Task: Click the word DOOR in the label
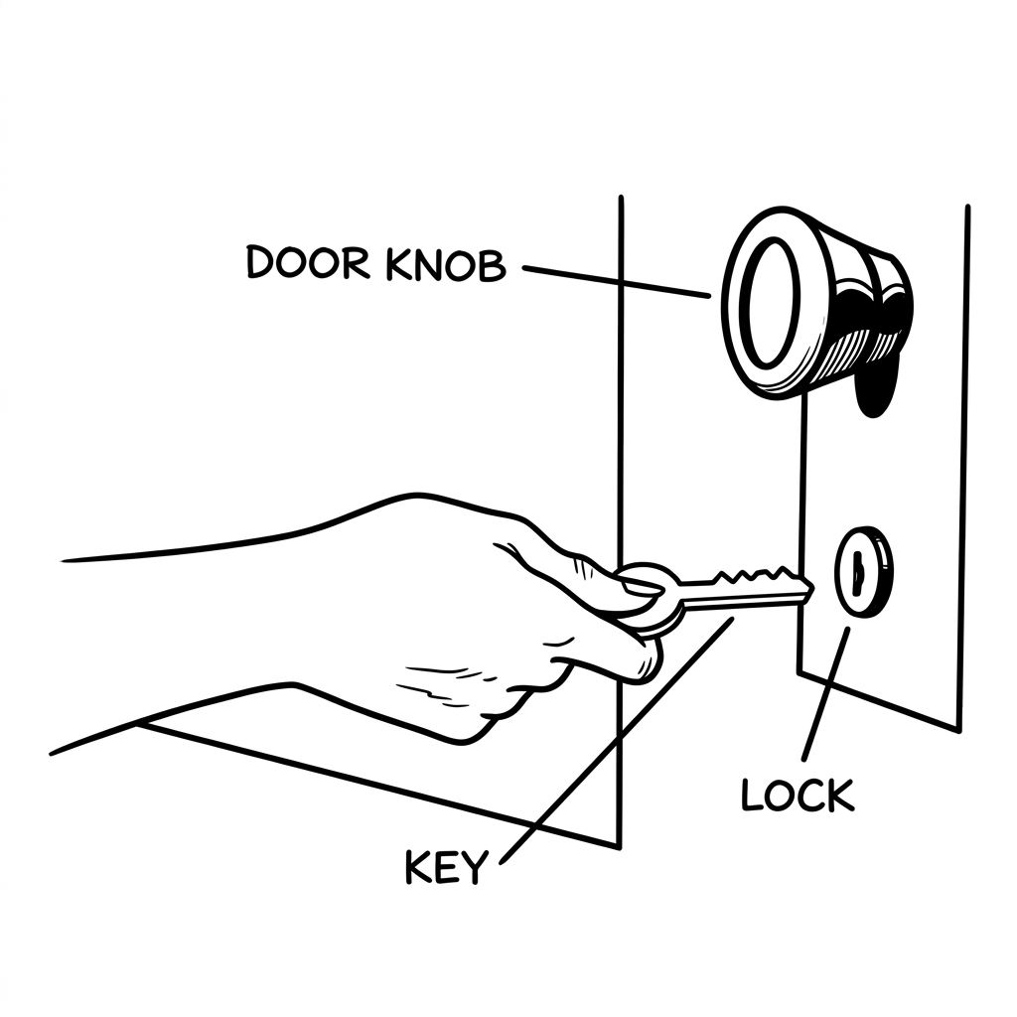point(309,262)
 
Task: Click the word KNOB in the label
point(446,264)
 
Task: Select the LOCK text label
point(798,795)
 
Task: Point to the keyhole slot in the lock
point(858,571)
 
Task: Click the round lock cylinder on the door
point(863,572)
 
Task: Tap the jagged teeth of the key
point(755,574)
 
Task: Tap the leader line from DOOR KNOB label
point(616,281)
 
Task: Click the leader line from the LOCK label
point(826,693)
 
